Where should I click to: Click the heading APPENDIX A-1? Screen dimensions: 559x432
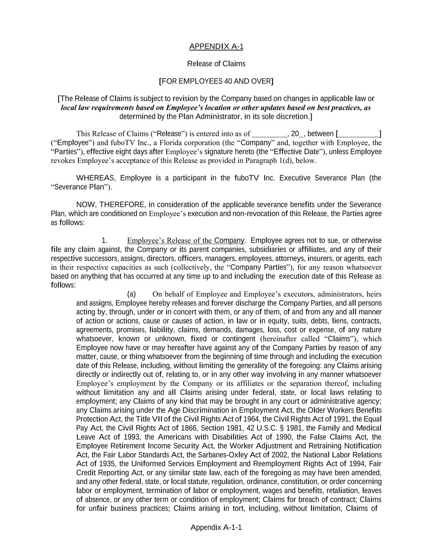[x=216, y=46]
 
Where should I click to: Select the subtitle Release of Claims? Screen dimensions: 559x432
[x=216, y=63]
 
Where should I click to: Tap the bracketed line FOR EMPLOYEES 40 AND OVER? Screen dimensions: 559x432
[x=216, y=81]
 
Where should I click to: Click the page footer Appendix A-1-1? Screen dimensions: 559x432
[x=216, y=527]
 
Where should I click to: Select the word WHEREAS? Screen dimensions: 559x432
[x=96, y=178]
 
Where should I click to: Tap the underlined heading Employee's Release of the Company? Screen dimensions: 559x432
[x=186, y=240]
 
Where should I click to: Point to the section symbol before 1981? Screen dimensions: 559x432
[x=318, y=428]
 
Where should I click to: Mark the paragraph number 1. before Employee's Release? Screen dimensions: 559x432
[x=104, y=240]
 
